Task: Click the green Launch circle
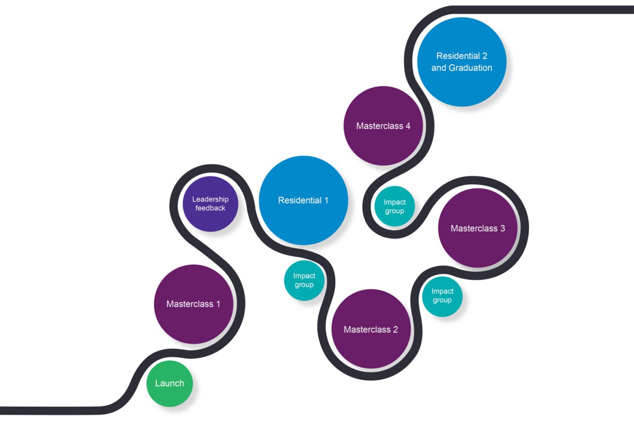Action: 169,383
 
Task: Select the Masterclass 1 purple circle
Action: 193,304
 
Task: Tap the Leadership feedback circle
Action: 210,204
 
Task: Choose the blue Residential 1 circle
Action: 303,200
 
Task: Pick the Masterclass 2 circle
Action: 371,329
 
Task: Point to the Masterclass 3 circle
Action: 478,228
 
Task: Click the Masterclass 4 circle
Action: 383,126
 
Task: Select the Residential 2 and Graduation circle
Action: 462,62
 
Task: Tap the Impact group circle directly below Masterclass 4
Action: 394,206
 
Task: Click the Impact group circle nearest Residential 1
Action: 304,280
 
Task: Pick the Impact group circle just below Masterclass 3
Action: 442,296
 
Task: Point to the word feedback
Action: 210,208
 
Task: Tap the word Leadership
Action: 210,199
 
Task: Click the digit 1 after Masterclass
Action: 218,304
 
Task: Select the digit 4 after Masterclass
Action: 408,126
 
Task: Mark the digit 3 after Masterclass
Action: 502,228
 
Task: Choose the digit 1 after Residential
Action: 326,200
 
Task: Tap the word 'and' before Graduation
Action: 439,68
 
